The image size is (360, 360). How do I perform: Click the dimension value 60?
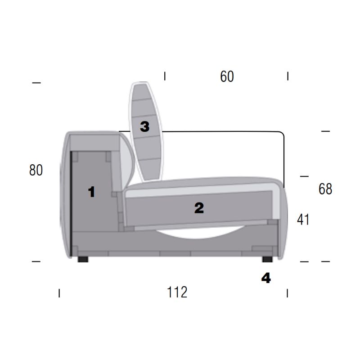click(227, 76)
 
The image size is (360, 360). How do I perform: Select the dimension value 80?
click(36, 170)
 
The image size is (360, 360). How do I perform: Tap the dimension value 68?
click(325, 189)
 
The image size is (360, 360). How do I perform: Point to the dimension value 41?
click(303, 220)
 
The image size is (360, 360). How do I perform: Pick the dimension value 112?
click(177, 292)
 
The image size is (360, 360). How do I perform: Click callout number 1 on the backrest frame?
click(92, 192)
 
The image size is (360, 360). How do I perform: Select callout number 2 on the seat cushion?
click(199, 208)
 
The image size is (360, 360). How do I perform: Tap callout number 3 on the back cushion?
click(144, 126)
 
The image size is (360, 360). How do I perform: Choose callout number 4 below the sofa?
click(266, 278)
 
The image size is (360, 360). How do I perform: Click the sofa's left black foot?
click(83, 259)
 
